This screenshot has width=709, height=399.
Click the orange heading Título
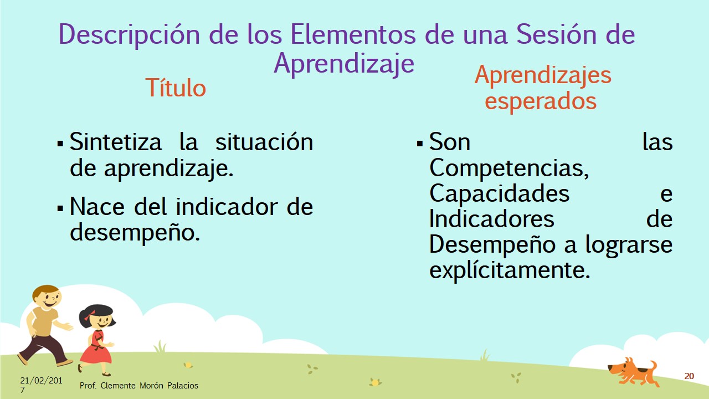point(176,88)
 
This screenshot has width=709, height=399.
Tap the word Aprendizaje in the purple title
point(344,64)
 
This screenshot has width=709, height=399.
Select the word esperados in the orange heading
point(541,101)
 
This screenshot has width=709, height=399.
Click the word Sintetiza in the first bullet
point(116,142)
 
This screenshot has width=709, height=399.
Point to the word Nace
point(97,207)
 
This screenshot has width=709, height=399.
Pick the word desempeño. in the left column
point(135,232)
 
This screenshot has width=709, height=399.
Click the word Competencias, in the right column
point(509,168)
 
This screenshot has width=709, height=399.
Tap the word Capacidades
point(500,193)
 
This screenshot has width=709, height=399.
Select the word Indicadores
point(491,219)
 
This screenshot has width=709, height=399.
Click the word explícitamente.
point(510,270)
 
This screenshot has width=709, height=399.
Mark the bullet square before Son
point(420,144)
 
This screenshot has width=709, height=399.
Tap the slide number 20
point(689,376)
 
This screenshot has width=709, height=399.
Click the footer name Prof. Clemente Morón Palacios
point(138,385)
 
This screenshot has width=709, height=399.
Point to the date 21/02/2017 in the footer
point(41,385)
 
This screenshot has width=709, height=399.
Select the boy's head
point(47,298)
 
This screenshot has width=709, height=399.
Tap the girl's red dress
point(96,347)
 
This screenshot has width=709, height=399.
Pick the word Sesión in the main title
point(557,34)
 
